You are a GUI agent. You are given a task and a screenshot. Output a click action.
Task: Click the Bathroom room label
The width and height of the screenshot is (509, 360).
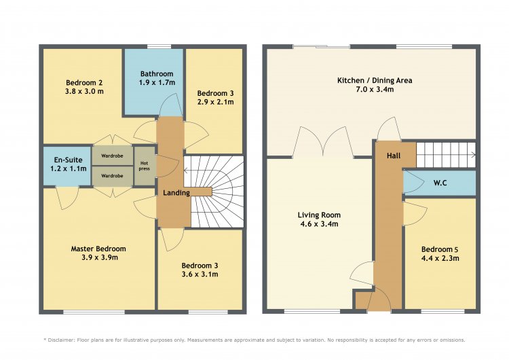pyautogui.click(x=157, y=74)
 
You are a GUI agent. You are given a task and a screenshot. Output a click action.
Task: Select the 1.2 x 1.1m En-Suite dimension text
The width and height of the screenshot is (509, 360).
pyautogui.click(x=69, y=168)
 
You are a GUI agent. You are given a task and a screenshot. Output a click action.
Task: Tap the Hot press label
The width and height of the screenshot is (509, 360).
pyautogui.click(x=145, y=166)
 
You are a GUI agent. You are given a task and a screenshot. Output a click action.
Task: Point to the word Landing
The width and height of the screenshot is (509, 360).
pyautogui.click(x=176, y=193)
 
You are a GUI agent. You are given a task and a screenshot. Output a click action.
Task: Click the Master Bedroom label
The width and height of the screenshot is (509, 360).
pyautogui.click(x=98, y=249)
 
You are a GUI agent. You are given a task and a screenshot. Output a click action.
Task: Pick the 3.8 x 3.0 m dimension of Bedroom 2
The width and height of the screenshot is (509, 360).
pyautogui.click(x=84, y=91)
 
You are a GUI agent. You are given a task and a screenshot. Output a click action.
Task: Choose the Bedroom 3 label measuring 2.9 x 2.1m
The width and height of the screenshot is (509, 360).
pyautogui.click(x=215, y=94)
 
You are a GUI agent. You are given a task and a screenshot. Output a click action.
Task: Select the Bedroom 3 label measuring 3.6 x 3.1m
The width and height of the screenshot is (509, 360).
pyautogui.click(x=200, y=266)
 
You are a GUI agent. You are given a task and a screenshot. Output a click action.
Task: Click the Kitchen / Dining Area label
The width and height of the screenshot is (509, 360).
pyautogui.click(x=375, y=80)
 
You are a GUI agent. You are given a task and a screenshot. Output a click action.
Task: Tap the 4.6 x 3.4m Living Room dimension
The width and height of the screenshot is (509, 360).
pyautogui.click(x=319, y=224)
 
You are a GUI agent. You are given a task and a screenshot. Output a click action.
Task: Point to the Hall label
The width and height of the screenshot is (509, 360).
pyautogui.click(x=394, y=156)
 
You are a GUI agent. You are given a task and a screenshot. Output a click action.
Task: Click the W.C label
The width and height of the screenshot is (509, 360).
pyautogui.click(x=440, y=183)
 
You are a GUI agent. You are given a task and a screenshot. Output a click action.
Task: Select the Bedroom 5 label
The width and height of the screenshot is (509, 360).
pyautogui.click(x=440, y=249)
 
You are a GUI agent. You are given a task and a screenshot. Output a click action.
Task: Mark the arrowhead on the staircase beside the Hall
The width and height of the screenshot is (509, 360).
pyautogui.click(x=474, y=155)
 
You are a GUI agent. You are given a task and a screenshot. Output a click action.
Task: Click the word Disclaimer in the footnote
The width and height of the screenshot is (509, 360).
pyautogui.click(x=61, y=340)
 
